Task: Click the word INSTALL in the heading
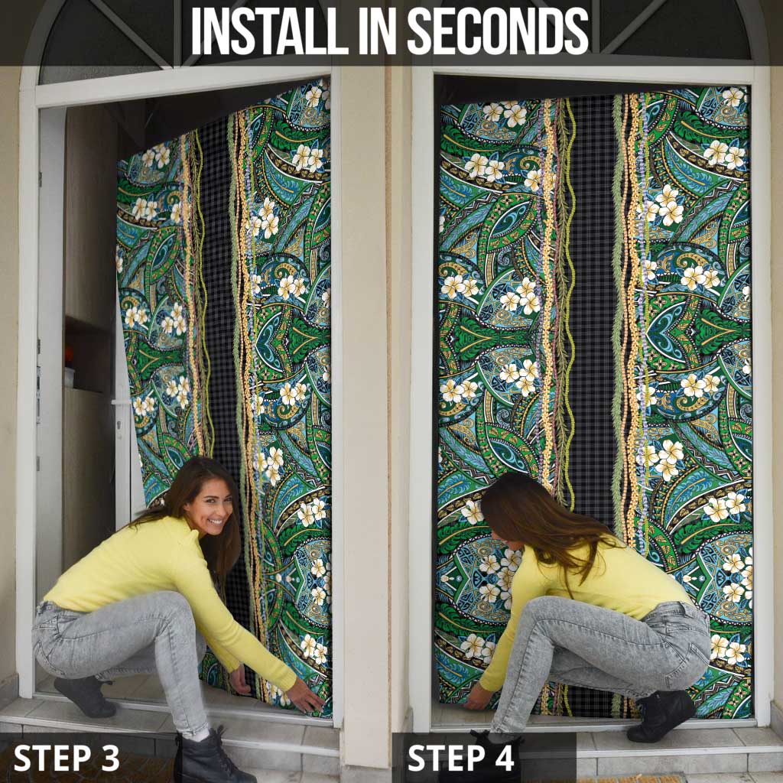270,31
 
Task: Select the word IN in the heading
378,31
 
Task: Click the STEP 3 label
67,758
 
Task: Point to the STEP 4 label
460,758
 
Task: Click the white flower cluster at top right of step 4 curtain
725,152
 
